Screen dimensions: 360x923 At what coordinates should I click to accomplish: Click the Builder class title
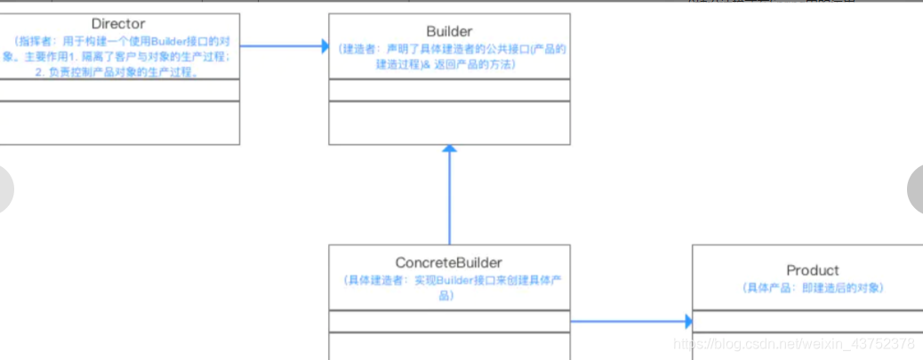point(449,31)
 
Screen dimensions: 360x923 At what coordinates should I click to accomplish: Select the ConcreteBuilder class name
point(449,262)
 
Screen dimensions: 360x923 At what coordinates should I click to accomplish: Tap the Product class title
point(812,270)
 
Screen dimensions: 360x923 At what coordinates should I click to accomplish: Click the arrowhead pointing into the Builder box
point(324,46)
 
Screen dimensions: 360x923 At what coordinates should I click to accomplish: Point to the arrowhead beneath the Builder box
point(449,151)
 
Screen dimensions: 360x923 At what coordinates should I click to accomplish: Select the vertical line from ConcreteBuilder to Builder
point(449,200)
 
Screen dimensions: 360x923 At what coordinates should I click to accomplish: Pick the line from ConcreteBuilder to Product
point(627,322)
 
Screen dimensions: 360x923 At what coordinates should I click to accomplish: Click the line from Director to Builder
point(280,46)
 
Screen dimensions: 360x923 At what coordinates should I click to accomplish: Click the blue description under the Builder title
point(449,57)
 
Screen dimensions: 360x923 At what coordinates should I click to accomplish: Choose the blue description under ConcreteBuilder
point(449,286)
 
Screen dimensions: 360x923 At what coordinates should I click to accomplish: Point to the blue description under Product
point(812,288)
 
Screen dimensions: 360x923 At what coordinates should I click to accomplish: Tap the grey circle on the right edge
point(917,189)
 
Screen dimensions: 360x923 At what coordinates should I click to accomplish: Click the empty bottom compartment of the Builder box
point(449,123)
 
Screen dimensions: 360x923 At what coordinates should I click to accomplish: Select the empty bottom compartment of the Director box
point(120,123)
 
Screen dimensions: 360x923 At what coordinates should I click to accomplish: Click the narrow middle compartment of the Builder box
point(449,90)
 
